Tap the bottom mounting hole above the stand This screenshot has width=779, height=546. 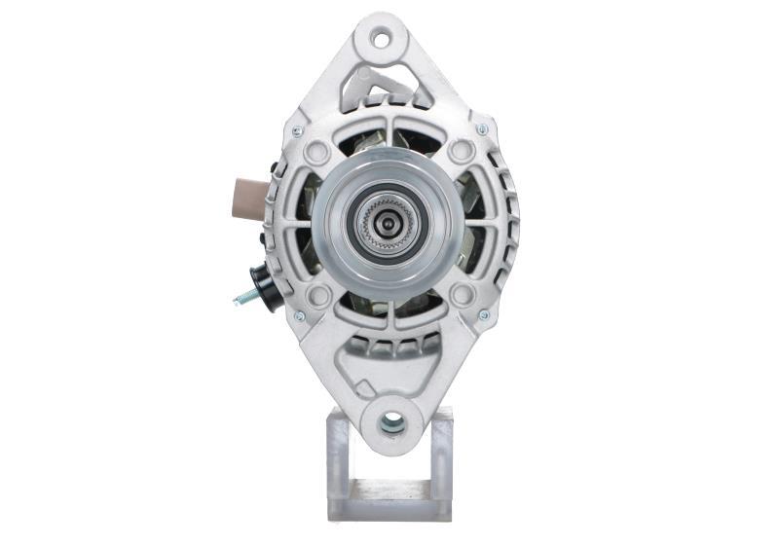click(x=391, y=421)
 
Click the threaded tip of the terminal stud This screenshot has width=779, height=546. click(x=239, y=300)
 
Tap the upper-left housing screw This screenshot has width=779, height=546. click(x=298, y=129)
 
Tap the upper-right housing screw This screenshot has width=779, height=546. click(x=481, y=129)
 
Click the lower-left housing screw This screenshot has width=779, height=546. click(x=298, y=315)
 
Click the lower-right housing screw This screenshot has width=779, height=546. click(x=483, y=315)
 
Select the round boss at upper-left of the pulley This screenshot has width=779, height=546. click(x=317, y=152)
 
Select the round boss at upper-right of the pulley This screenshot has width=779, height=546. click(x=462, y=152)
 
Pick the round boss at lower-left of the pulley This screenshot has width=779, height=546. click(x=317, y=295)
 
